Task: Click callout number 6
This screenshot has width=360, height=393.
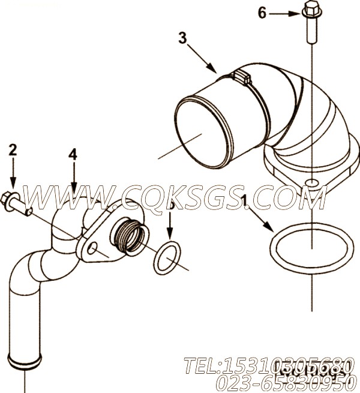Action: tap(262, 12)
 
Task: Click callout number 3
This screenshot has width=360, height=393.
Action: tap(183, 38)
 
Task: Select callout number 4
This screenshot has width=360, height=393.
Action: tap(73, 154)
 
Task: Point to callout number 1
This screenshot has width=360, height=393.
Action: tap(244, 198)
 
